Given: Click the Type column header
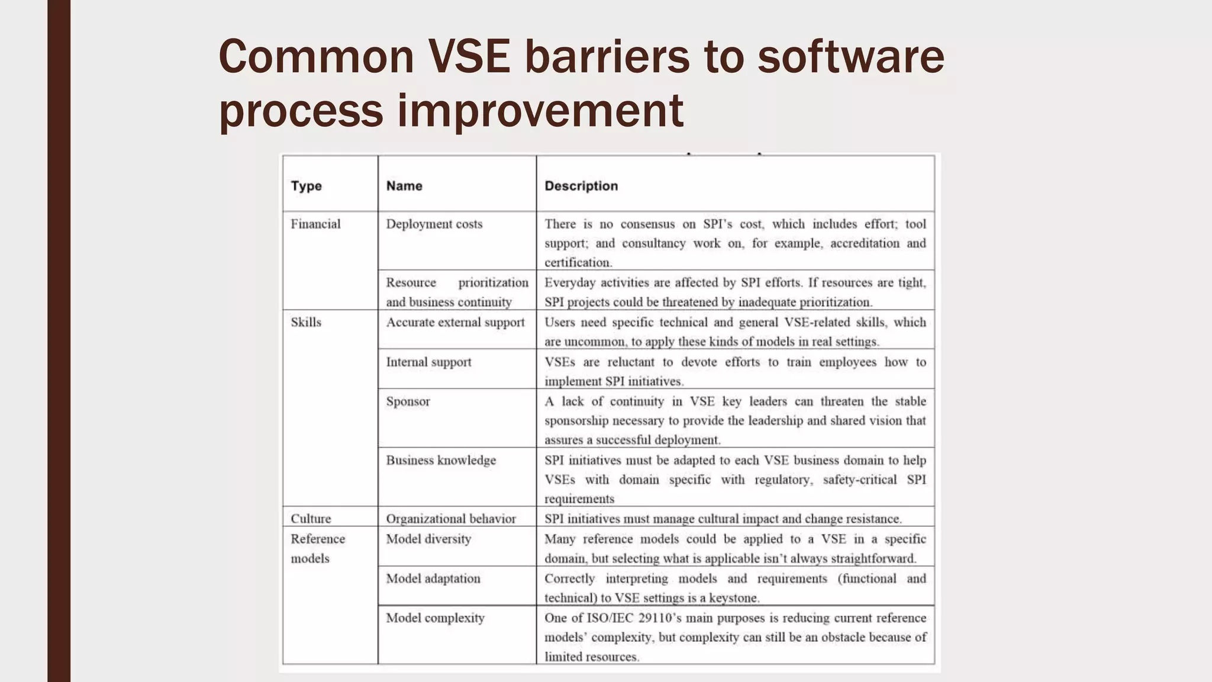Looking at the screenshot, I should pyautogui.click(x=306, y=186).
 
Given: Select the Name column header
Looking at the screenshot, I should pyautogui.click(x=404, y=186).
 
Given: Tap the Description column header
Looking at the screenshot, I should pyautogui.click(x=581, y=186).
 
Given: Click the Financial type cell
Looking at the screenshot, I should pyautogui.click(x=315, y=224).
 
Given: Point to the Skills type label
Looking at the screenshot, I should pyautogui.click(x=305, y=323).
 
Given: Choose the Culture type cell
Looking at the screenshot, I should pyautogui.click(x=311, y=519).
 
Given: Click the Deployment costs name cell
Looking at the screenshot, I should pyautogui.click(x=434, y=224).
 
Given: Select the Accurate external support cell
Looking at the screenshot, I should pyautogui.click(x=455, y=323).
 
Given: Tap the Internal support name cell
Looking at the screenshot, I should pyautogui.click(x=428, y=362).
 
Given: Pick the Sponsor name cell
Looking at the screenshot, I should pyautogui.click(x=408, y=401).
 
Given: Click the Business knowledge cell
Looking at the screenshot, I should pyautogui.click(x=441, y=461).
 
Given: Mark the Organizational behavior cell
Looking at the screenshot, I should pyautogui.click(x=451, y=519).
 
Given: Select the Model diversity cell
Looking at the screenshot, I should pyautogui.click(x=428, y=539).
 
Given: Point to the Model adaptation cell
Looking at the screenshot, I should pyautogui.click(x=433, y=578).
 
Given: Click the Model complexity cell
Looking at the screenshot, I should pyautogui.click(x=435, y=618).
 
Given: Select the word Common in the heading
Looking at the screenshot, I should pyautogui.click(x=316, y=57).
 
